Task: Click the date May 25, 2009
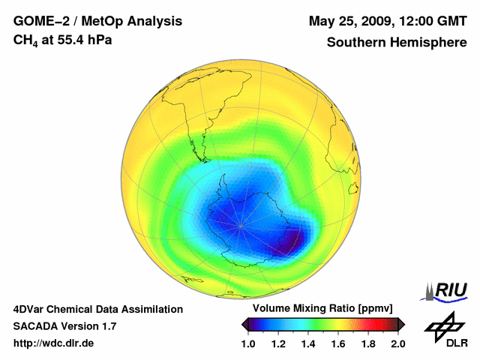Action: click(x=351, y=21)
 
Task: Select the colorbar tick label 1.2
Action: click(x=278, y=344)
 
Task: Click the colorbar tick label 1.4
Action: click(x=308, y=344)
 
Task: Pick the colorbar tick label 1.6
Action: click(x=338, y=344)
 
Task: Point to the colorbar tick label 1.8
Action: click(x=368, y=344)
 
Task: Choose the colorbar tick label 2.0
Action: click(x=397, y=344)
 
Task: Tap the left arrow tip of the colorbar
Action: click(x=243, y=324)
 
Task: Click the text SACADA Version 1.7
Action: click(x=64, y=326)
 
